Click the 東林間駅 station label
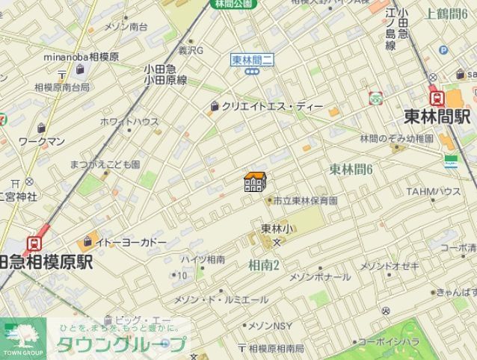coord(437,118)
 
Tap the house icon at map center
coord(255,181)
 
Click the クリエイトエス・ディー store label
coord(272,107)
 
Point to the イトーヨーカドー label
coord(131,242)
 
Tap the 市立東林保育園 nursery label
coord(304,201)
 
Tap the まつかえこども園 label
coord(105,164)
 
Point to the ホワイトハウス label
coord(129,122)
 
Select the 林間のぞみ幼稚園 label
coord(396,139)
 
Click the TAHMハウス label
coord(433,192)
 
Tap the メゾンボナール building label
coord(319,277)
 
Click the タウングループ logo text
coord(120,345)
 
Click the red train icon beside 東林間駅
coord(434,97)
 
